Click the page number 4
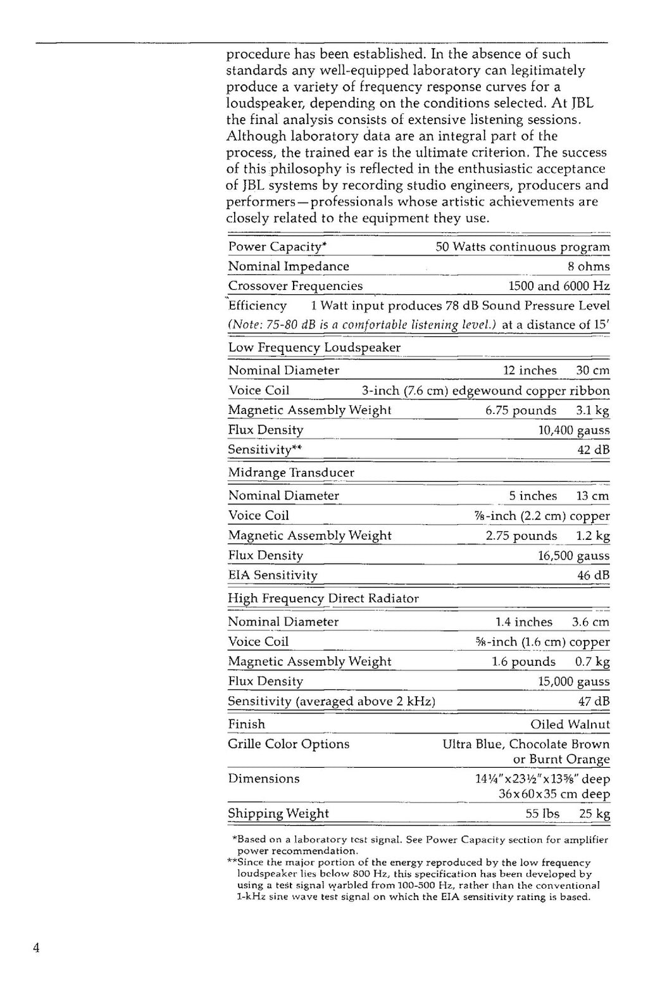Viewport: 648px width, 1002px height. click(37, 948)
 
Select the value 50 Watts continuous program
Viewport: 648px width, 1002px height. click(523, 247)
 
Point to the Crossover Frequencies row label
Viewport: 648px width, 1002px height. click(296, 286)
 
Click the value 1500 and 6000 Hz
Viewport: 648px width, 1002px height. click(559, 286)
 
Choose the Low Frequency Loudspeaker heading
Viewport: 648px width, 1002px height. click(314, 348)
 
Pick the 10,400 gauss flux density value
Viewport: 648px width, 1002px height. click(573, 430)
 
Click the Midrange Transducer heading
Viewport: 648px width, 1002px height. click(291, 473)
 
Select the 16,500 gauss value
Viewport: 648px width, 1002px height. click(573, 556)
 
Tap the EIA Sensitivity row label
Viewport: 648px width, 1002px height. click(273, 575)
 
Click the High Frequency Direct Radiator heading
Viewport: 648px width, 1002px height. click(323, 598)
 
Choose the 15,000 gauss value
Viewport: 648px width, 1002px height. click(573, 682)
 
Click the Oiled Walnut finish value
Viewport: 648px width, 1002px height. click(570, 724)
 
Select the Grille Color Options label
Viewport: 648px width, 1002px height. click(289, 744)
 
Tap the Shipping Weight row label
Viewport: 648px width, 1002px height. click(278, 813)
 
